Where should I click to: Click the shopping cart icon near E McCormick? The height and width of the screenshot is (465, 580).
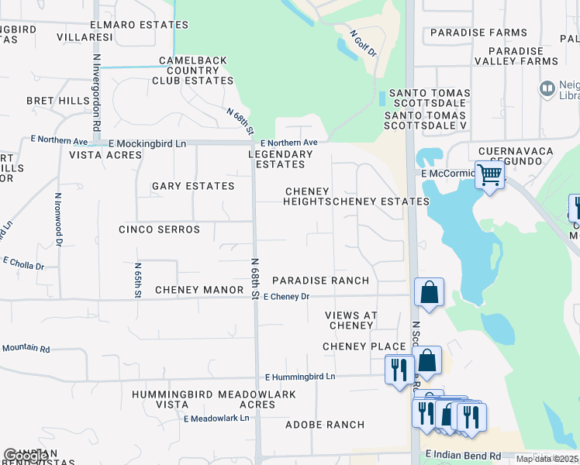click(x=489, y=175)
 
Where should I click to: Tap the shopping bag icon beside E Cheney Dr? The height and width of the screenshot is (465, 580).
click(x=429, y=292)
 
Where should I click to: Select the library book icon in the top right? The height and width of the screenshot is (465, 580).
click(x=548, y=89)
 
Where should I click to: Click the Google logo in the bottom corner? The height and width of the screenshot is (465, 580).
click(x=25, y=456)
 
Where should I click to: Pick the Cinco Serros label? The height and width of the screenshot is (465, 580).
click(x=159, y=229)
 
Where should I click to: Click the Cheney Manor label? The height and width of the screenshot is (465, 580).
click(x=199, y=290)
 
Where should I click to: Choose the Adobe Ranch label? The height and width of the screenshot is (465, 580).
click(x=325, y=425)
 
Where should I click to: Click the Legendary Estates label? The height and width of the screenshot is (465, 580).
click(x=280, y=159)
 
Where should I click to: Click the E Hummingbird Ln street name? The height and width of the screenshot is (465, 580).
click(x=300, y=377)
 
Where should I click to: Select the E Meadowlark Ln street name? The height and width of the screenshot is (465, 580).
click(x=216, y=418)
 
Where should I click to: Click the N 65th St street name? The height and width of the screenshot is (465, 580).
click(x=138, y=280)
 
